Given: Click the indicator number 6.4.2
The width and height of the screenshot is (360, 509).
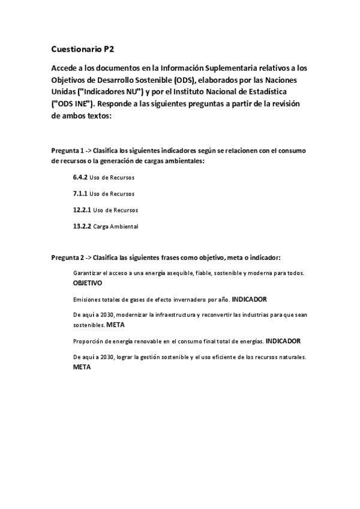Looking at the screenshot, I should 80,178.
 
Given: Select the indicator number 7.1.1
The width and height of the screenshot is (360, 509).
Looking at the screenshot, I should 80,194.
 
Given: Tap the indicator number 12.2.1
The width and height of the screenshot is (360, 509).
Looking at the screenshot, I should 82,210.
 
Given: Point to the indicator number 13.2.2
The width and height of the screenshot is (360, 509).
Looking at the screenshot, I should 82,226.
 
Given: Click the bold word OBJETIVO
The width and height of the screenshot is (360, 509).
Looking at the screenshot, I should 88,282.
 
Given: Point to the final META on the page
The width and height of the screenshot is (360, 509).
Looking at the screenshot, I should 82,367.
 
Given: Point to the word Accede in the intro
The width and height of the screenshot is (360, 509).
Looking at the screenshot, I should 66,68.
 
